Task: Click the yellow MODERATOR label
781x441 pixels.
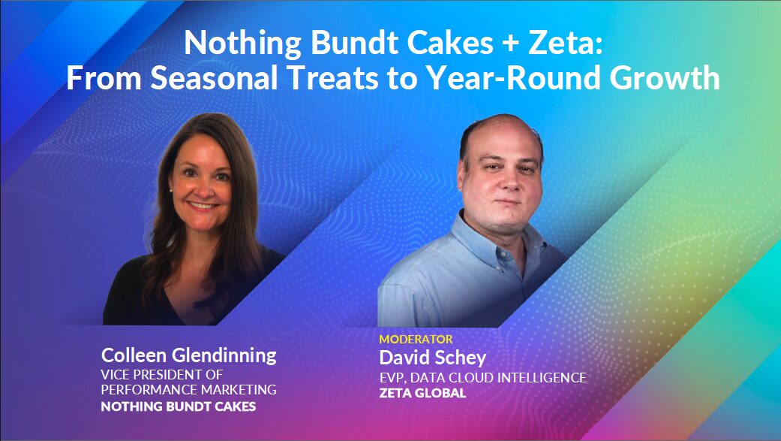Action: point(416,340)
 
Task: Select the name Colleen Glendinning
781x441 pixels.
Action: point(188,355)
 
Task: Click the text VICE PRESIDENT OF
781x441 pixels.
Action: point(162,374)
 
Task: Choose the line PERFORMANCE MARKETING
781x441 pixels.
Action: point(188,390)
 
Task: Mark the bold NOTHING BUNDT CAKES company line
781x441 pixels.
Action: point(178,407)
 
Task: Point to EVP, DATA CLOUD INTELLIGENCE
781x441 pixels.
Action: point(482,377)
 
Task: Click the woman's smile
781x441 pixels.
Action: point(202,205)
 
